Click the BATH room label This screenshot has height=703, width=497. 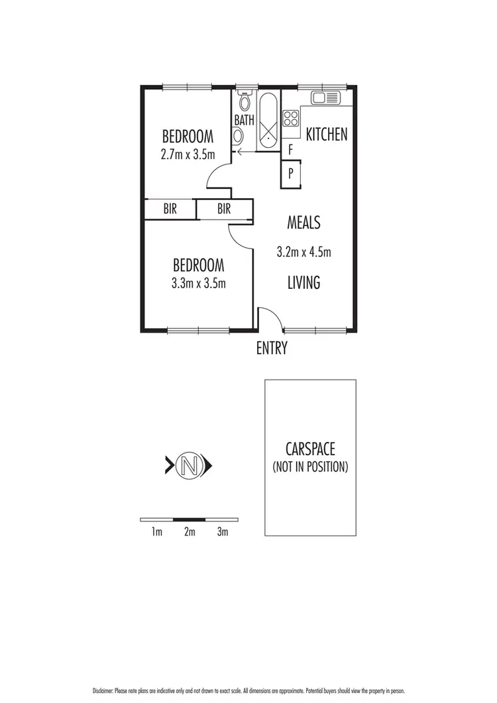click(x=244, y=121)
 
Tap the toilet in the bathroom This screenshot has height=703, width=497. click(x=244, y=103)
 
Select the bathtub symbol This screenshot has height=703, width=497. click(x=268, y=121)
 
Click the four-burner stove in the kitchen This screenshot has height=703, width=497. click(x=291, y=119)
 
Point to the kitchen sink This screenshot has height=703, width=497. click(x=325, y=98)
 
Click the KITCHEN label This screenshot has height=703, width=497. click(x=326, y=135)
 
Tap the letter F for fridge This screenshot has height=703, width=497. click(x=291, y=150)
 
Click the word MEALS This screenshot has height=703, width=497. click(x=304, y=222)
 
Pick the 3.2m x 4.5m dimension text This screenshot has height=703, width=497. click(x=304, y=252)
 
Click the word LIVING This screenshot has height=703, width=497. click(x=304, y=283)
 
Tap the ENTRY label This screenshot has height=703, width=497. click(x=272, y=349)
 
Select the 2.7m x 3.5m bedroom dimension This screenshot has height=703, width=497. click(x=188, y=155)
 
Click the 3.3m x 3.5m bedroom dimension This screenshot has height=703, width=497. click(x=198, y=284)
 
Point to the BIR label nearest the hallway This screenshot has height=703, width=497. click(x=224, y=209)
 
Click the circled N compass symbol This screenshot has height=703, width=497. click(x=188, y=466)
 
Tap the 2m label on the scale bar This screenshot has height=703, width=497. click(x=190, y=532)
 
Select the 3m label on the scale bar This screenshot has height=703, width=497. click(x=223, y=532)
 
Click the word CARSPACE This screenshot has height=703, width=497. click(x=310, y=451)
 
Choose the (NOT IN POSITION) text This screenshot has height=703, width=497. click(x=310, y=467)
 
